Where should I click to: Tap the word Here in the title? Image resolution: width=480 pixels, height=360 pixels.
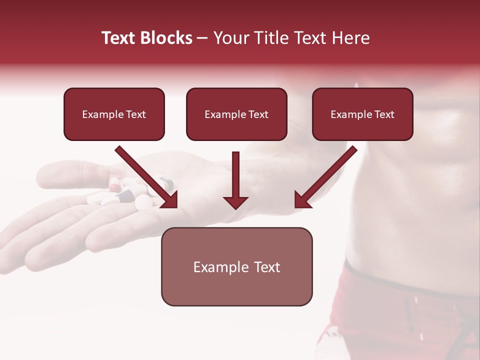pos(349,38)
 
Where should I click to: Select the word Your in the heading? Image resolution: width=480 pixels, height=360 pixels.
pos(229,38)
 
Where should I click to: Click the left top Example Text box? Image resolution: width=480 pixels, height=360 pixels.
pos(114,114)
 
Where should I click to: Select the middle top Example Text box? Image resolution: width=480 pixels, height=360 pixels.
pos(236,114)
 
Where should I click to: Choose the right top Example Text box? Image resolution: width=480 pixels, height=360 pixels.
pos(362,114)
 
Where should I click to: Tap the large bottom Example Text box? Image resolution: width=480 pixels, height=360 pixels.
pos(236,266)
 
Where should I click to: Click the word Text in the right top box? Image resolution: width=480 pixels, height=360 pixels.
pos(384,114)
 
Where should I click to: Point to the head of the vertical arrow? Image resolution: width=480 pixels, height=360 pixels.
pos(235,202)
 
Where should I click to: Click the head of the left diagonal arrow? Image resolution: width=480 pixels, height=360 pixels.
pos(169,199)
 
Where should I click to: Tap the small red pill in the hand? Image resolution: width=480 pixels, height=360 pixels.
pos(115,188)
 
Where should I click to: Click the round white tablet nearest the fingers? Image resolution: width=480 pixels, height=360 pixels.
pos(143,201)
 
